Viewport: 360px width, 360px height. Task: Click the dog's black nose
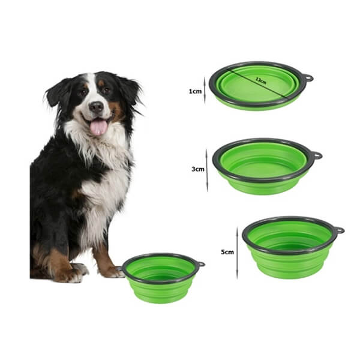97,107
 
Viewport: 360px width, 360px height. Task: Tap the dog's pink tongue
99,128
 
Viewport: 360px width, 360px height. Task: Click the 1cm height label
195,91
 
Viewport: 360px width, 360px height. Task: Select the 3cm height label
198,169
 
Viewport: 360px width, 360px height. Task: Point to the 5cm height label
227,252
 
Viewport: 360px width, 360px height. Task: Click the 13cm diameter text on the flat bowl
261,81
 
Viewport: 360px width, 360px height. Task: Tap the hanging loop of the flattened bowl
308,78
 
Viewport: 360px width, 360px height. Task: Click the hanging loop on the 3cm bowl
317,155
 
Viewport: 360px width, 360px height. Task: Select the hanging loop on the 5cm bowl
339,230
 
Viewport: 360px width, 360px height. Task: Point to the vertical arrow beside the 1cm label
205,90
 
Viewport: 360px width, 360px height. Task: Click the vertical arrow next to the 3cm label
207,170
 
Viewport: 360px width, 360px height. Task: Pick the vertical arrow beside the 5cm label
238,253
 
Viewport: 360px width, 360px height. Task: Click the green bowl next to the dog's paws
162,278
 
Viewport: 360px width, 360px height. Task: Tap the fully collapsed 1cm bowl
259,86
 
